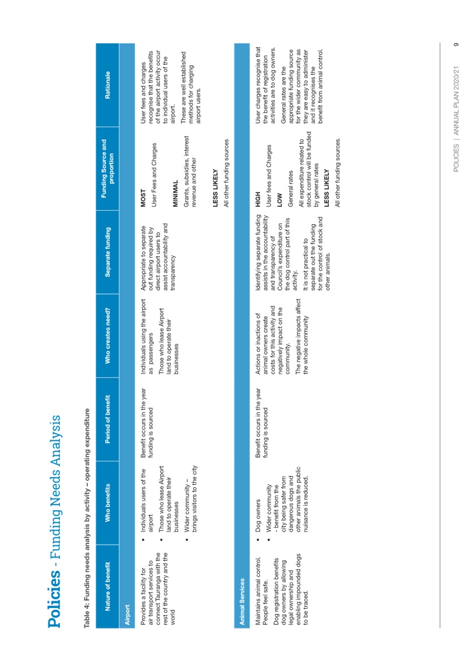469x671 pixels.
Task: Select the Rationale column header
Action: pyautogui.click(x=107, y=84)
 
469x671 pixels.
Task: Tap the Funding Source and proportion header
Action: pyautogui.click(x=107, y=168)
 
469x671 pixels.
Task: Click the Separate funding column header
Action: pyautogui.click(x=107, y=252)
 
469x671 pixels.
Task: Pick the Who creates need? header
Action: pyautogui.click(x=107, y=335)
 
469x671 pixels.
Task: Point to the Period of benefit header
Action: pyautogui.click(x=107, y=419)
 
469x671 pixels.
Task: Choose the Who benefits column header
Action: pyautogui.click(x=107, y=503)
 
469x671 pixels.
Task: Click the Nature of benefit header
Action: pyautogui.click(x=107, y=587)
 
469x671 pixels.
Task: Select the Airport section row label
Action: pyautogui.click(x=127, y=615)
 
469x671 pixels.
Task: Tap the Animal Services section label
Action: pyautogui.click(x=242, y=601)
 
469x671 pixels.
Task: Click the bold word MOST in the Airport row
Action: pyautogui.click(x=143, y=198)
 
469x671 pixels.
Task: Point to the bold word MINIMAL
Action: pyautogui.click(x=175, y=194)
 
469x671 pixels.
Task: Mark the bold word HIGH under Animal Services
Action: pyautogui.click(x=258, y=199)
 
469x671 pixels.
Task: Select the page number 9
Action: pyautogui.click(x=456, y=44)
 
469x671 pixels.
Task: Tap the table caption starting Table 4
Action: pyautogui.click(x=87, y=518)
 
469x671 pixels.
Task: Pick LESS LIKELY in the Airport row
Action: pyautogui.click(x=215, y=188)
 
